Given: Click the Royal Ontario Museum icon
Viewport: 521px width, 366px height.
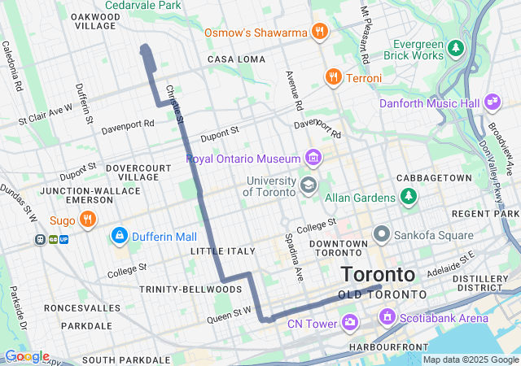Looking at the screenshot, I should (313, 157).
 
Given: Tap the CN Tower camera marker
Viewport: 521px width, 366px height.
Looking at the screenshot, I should (350, 324).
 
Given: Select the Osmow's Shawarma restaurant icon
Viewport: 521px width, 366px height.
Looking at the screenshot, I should (320, 33).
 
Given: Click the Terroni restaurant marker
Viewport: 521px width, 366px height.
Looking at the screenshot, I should (332, 77).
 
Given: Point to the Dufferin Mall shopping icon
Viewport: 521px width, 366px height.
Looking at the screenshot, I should (120, 237).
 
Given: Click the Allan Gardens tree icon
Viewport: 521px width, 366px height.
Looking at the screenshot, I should (408, 197).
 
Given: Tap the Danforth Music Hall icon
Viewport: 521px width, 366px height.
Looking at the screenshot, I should (492, 102).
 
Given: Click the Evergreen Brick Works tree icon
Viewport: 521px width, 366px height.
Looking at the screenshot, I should (457, 49).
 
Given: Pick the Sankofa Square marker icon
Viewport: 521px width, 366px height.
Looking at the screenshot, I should (381, 235).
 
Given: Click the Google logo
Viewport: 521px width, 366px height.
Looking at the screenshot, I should (26, 356).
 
